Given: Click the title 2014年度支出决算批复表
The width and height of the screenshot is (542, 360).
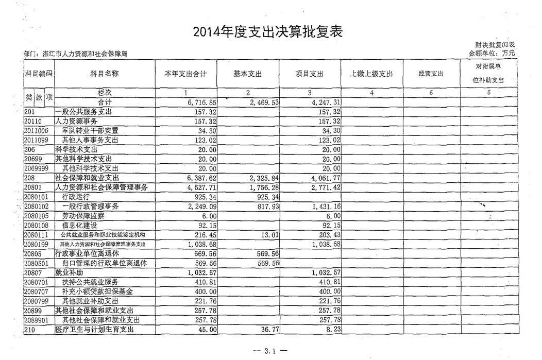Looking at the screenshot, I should [268, 32].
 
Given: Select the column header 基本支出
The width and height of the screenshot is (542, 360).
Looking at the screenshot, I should [248, 74].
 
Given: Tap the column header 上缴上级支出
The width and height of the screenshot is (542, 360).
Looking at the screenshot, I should [371, 74].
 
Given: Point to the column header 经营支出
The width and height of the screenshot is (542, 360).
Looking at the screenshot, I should [431, 74].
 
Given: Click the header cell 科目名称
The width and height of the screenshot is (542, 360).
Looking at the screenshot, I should [105, 74].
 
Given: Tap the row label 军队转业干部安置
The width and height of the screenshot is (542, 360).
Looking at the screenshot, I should [90, 130].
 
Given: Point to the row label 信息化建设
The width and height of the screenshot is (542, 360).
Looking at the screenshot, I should [79, 225].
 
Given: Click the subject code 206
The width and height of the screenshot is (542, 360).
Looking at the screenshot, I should [30, 149].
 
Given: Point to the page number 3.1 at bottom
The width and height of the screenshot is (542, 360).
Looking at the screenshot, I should [271, 351].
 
